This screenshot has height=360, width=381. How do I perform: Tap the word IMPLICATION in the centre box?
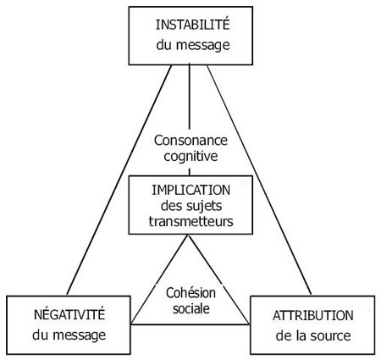[191, 190]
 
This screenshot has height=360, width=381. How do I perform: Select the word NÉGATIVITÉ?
[69, 314]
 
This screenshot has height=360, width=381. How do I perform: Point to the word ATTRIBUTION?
[313, 315]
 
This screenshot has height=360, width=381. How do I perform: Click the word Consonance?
[190, 141]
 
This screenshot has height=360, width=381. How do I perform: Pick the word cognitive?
[190, 157]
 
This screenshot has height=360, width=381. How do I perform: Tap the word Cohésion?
[190, 293]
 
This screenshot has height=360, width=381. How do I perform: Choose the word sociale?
[191, 308]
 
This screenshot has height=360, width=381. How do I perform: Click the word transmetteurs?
[191, 221]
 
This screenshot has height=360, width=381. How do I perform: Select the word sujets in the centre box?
[206, 207]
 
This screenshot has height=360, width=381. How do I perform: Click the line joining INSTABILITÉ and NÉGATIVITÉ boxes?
[119, 180]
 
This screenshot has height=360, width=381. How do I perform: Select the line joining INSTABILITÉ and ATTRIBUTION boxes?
[259, 180]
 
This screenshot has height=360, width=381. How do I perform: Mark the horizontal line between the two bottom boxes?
[190, 324]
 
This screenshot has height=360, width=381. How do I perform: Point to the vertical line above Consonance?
[189, 97]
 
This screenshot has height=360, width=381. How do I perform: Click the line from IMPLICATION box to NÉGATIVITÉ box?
[159, 280]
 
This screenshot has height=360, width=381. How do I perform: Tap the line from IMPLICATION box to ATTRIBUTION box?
[219, 280]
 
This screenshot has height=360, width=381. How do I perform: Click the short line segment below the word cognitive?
[190, 172]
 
